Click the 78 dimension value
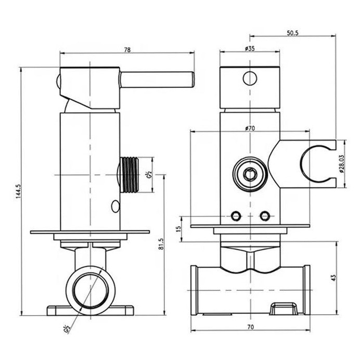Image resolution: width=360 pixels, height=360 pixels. tap(127, 50)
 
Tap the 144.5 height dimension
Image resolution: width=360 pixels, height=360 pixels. tap(19, 191)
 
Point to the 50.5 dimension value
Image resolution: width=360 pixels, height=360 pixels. tap(292, 32)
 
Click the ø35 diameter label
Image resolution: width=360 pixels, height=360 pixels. tap(249, 48)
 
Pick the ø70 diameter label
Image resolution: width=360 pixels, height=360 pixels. tap(250, 128)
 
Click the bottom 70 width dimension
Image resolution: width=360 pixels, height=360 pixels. tap(250, 327)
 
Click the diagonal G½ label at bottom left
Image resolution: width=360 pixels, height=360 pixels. tap(66, 329)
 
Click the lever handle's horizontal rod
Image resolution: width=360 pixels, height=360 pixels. tap(156, 79)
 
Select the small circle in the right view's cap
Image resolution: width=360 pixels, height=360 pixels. tap(250, 78)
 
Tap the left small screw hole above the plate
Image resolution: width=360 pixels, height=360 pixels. tap(236, 215)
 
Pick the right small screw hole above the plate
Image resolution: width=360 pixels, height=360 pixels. tap(265, 215)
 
